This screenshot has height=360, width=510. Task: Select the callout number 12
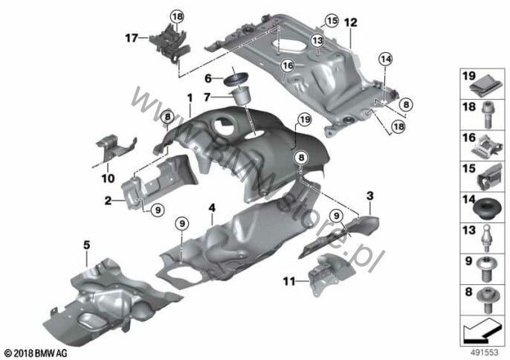point(350,23)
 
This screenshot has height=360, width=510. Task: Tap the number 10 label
point(109,179)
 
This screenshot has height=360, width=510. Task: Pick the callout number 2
point(109,200)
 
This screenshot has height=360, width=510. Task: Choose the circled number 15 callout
point(331,19)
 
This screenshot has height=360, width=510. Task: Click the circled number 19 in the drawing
point(303,119)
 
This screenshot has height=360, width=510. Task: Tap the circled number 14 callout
point(384,59)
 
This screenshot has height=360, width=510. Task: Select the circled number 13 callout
point(317,41)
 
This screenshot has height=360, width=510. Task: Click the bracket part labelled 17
point(168,42)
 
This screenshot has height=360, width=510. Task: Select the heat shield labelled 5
point(97,298)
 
